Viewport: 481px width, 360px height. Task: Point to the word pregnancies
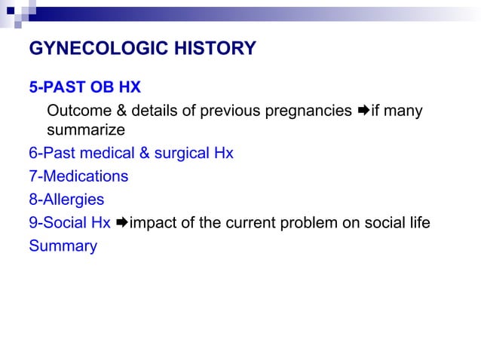[x=308, y=111]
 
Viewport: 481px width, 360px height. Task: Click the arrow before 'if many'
[x=363, y=111]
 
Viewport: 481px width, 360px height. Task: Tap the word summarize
[x=85, y=130]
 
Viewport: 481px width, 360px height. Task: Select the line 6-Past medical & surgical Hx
[x=131, y=154]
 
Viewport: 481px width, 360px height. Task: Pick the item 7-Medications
[x=78, y=176]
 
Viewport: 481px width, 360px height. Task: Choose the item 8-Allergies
[x=66, y=200]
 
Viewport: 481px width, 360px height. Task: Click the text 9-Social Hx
[x=69, y=223]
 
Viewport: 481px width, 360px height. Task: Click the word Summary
[x=63, y=246]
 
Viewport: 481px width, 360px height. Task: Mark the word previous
[x=231, y=111]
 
